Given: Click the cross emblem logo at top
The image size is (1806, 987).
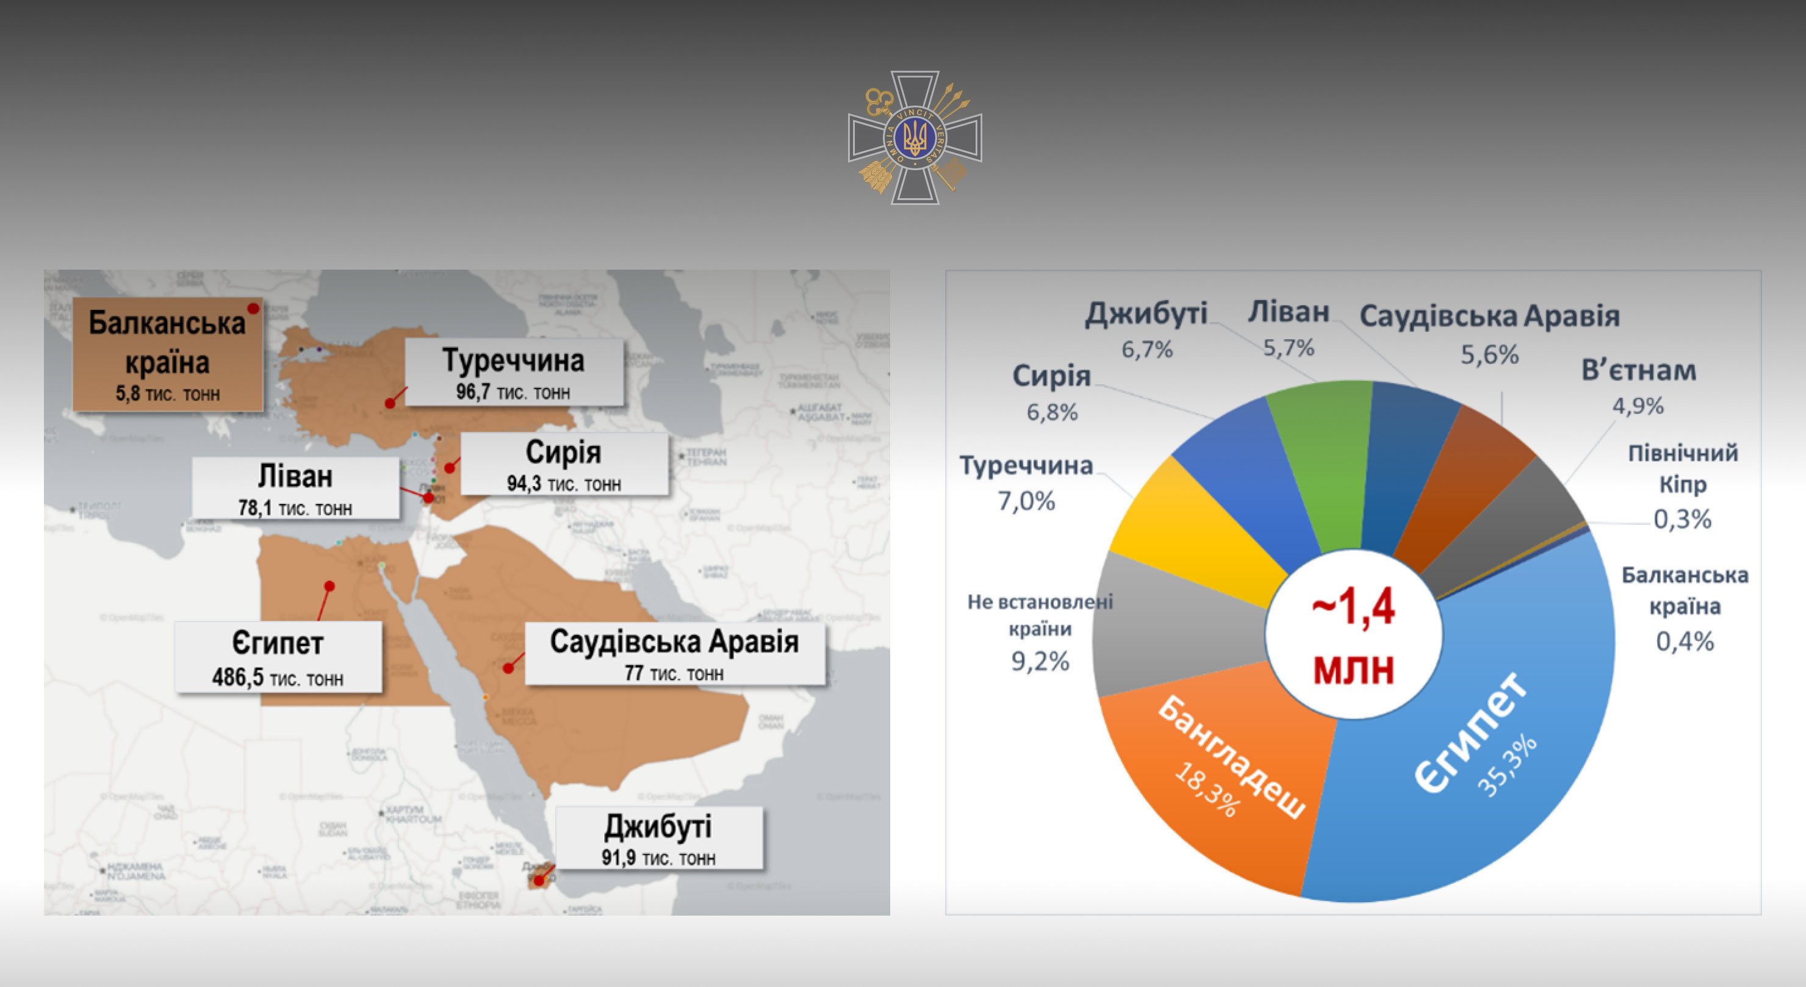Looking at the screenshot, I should [914, 137].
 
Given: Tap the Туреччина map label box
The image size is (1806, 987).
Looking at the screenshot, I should [514, 372].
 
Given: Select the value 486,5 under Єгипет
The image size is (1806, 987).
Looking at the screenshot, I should [238, 677].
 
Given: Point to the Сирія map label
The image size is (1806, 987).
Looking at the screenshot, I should [564, 453].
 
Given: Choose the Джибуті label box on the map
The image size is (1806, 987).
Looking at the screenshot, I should [658, 838].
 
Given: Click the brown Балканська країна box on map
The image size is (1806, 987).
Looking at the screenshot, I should [168, 354].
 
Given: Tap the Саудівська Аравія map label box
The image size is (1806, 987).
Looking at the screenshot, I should [674, 653].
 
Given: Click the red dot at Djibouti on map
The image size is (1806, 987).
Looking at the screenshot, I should [538, 880].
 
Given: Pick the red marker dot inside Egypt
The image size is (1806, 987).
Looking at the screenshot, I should [329, 586].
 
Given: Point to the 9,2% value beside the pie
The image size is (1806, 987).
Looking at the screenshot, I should [1040, 661].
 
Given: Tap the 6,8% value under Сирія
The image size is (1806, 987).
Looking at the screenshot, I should [1052, 412].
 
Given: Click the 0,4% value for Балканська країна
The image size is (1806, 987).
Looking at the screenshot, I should [1685, 641].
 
